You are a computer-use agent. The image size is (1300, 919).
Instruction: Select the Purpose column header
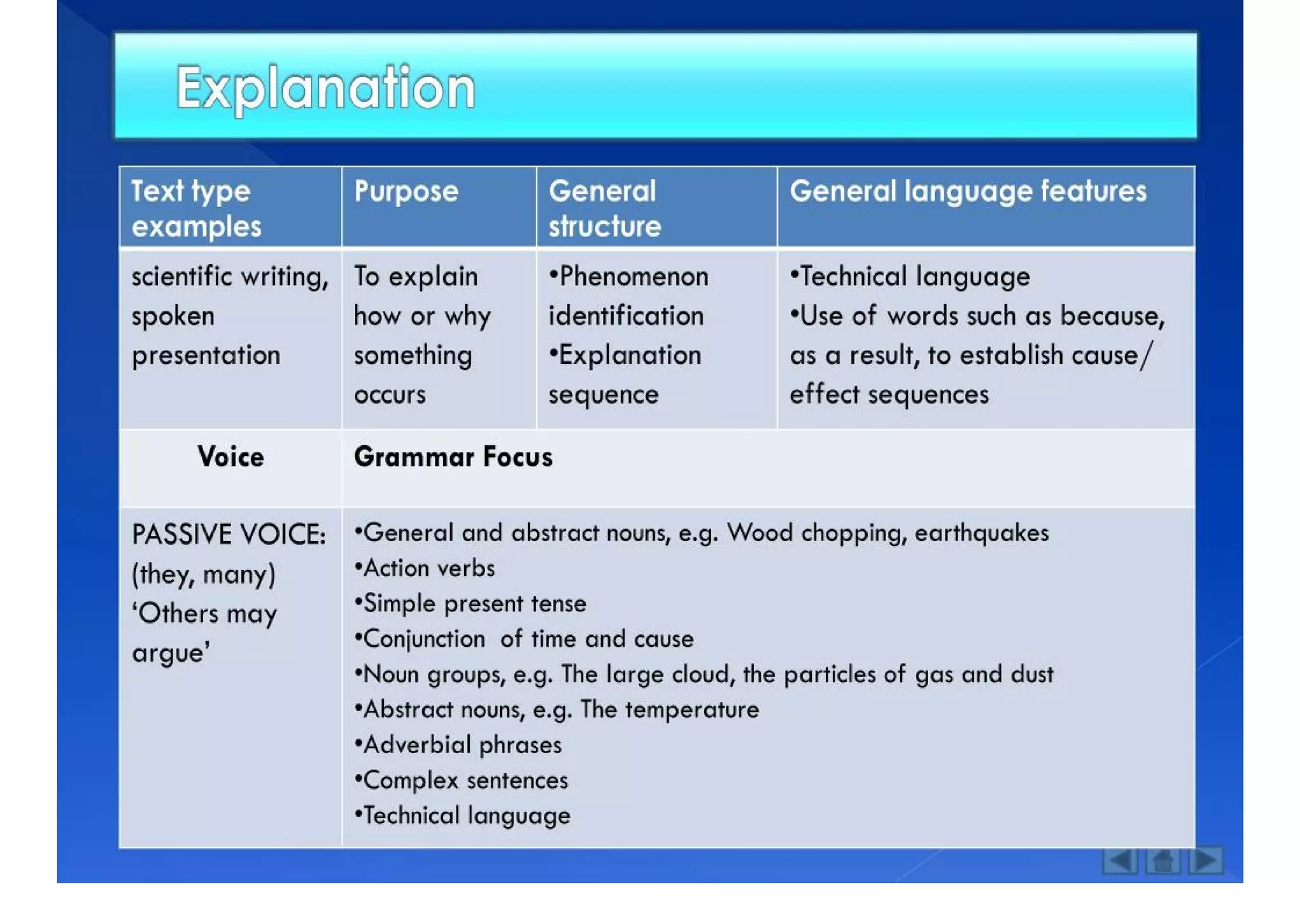tap(406, 191)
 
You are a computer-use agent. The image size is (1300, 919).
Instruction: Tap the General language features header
tap(967, 191)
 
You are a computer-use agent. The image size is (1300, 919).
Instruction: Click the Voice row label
tap(230, 457)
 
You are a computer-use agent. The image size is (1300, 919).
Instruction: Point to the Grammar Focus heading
tap(453, 457)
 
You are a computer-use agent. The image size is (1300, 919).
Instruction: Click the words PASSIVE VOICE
tap(229, 535)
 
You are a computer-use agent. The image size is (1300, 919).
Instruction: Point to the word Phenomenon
tap(633, 277)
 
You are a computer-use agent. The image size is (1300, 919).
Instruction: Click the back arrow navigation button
tap(1119, 861)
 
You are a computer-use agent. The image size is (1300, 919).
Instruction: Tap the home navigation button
tap(1163, 861)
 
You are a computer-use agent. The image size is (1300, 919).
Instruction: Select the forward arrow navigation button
tap(1206, 861)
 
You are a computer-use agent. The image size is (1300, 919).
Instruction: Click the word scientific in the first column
tap(180, 277)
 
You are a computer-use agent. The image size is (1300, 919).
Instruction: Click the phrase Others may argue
tap(204, 633)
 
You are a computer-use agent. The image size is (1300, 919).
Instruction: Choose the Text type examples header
tap(196, 208)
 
